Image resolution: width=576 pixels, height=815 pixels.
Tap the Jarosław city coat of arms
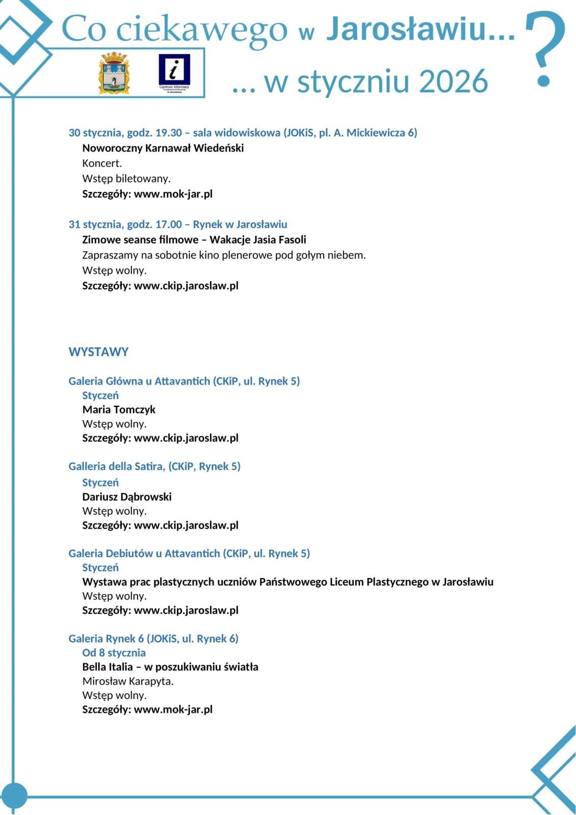click(114, 73)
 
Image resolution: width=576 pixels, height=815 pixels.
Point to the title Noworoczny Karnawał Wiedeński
click(163, 148)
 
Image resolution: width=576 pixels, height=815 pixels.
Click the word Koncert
click(102, 164)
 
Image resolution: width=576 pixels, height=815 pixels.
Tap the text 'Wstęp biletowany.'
click(126, 179)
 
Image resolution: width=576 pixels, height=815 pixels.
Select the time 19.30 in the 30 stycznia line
click(168, 133)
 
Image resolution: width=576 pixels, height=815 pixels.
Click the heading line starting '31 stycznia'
click(178, 225)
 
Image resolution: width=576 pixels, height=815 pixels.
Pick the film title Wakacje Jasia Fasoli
click(257, 240)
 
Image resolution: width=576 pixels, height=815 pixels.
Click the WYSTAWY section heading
click(98, 352)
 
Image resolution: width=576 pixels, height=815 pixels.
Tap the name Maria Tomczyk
click(119, 410)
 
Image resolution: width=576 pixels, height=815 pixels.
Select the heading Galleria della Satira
click(117, 467)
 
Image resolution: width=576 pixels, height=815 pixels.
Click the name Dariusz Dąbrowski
click(127, 497)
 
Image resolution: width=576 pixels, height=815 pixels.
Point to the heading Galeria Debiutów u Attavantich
click(144, 554)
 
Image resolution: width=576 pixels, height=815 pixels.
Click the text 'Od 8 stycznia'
click(113, 653)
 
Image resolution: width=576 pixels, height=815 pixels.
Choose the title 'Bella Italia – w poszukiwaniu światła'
click(170, 667)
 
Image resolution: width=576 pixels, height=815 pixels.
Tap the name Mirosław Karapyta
click(128, 682)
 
